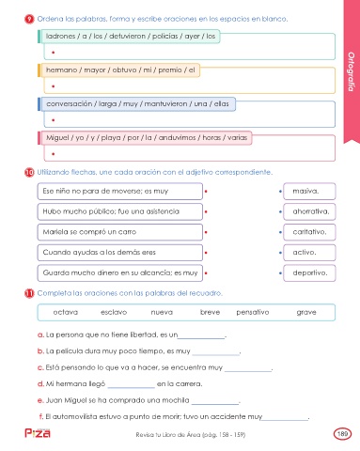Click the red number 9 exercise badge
click(29, 19)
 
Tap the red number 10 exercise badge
click(29, 172)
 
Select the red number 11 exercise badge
click(29, 293)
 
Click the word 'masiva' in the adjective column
click(305, 191)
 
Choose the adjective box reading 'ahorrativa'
click(309, 211)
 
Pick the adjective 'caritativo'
click(309, 232)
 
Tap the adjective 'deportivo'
click(310, 272)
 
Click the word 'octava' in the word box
click(66, 312)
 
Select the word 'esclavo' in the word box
click(114, 312)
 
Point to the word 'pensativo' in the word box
click(253, 312)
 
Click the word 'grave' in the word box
click(306, 312)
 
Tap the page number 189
click(342, 434)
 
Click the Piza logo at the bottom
click(38, 433)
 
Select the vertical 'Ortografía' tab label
click(351, 71)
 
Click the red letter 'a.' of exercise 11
click(40, 334)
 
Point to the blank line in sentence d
click(132, 388)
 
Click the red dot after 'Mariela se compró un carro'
click(206, 232)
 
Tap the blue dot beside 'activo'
click(280, 253)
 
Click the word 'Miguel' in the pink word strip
click(58, 138)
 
